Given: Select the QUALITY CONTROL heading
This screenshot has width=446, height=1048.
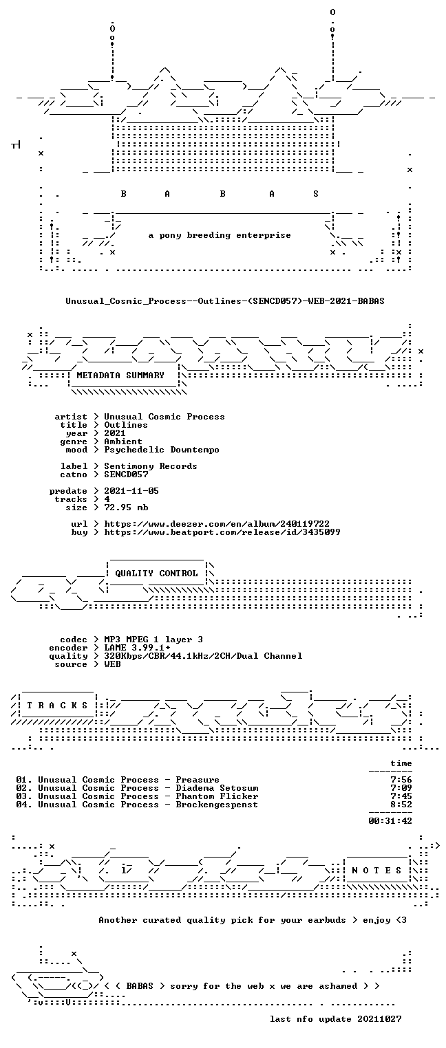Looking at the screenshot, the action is pyautogui.click(x=156, y=574).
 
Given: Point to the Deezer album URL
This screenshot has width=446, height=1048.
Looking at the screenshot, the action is pyautogui.click(x=216, y=524).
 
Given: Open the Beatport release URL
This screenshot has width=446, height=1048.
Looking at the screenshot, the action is pyautogui.click(x=222, y=532).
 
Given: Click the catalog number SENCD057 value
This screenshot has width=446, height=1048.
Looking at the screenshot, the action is pyautogui.click(x=126, y=474).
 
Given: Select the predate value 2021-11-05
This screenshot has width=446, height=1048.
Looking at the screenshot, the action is pyautogui.click(x=131, y=491).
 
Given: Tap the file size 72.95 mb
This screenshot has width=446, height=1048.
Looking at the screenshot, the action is pyautogui.click(x=126, y=507).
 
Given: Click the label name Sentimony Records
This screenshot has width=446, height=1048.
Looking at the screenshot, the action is pyautogui.click(x=150, y=466).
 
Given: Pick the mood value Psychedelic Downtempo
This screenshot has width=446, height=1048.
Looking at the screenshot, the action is pyautogui.click(x=162, y=450).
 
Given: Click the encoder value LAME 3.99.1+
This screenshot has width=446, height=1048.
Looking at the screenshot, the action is pyautogui.click(x=137, y=648).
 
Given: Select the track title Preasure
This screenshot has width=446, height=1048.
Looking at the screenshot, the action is pyautogui.click(x=198, y=780).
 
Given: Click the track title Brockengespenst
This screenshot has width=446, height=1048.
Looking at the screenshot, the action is pyautogui.click(x=216, y=805).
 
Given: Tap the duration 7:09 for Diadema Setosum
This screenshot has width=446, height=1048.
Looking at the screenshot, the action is pyautogui.click(x=401, y=788).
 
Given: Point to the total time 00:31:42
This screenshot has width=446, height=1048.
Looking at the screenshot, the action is pyautogui.click(x=390, y=821).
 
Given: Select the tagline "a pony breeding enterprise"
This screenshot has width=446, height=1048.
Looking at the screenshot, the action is pyautogui.click(x=220, y=235).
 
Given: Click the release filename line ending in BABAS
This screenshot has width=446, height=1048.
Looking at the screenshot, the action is pyautogui.click(x=225, y=301).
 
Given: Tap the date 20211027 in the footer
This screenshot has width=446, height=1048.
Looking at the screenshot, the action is pyautogui.click(x=379, y=1019).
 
